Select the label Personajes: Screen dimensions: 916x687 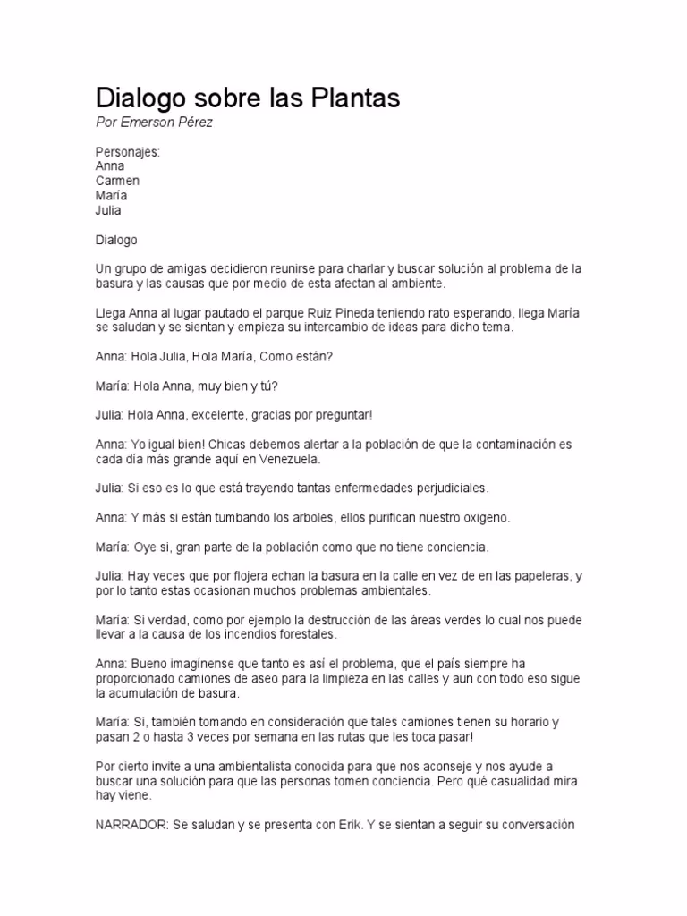pyautogui.click(x=127, y=152)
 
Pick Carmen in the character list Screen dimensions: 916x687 pyautogui.click(x=117, y=181)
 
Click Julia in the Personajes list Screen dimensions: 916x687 pyautogui.click(x=108, y=210)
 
